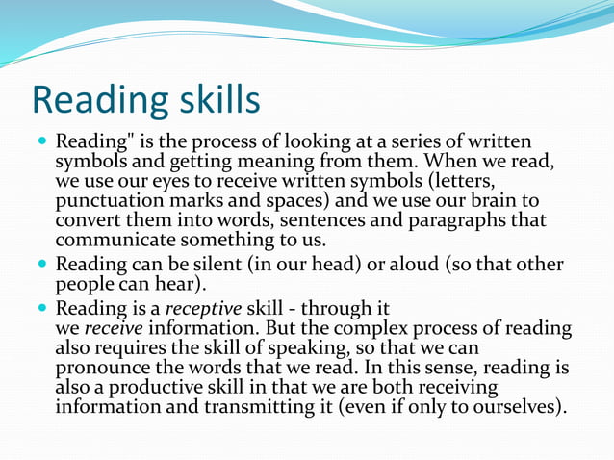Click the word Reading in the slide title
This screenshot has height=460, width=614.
[x=93, y=101]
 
